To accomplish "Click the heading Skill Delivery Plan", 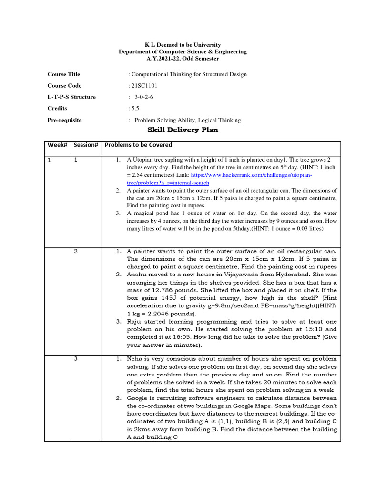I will coord(183,130).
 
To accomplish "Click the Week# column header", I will coord(58,145).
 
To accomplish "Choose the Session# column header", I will coord(86,145).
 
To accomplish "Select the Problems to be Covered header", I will coord(138,145).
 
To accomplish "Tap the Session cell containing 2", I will coord(76,251).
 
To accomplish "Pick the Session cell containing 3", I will coord(76,359).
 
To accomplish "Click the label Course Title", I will coord(63,74).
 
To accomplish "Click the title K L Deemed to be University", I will coord(183,44).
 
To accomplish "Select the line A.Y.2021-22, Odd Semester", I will coord(183,59).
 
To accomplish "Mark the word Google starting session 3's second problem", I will coord(139,398).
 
